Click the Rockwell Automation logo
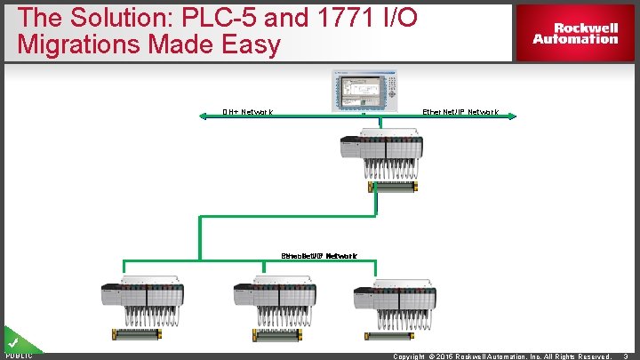click(575, 34)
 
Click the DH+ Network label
click(247, 112)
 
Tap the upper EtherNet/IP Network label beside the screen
click(460, 112)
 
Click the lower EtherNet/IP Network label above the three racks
click(319, 256)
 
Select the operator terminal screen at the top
click(364, 90)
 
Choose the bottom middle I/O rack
click(265, 300)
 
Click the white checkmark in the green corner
click(13, 341)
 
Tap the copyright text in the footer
click(502, 356)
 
